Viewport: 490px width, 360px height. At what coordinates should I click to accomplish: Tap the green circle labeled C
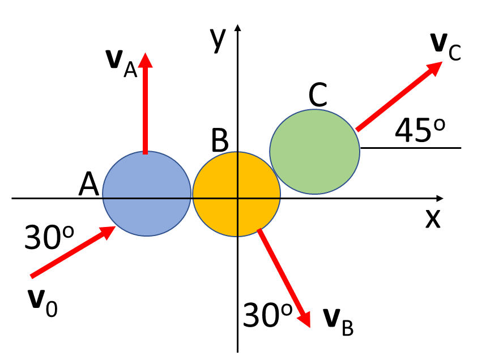(314, 151)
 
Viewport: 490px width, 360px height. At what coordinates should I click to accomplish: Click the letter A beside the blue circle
(89, 184)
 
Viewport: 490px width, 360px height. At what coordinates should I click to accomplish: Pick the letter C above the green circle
(318, 96)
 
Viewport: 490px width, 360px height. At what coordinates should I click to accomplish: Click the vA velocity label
(122, 63)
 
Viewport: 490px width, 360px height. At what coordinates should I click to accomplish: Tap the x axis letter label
(433, 218)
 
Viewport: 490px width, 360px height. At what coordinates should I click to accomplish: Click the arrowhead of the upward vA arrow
(146, 60)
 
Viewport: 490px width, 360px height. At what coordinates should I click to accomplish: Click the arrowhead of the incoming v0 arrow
(109, 232)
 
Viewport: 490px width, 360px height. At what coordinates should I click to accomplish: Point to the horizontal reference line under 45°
(411, 148)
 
